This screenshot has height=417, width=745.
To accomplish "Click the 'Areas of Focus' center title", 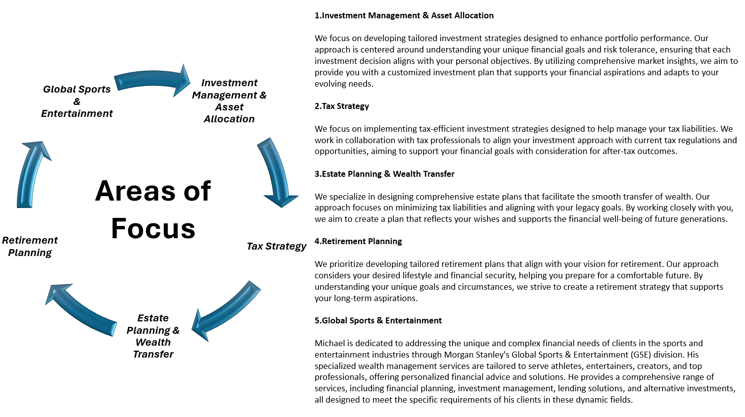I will pyautogui.click(x=153, y=209).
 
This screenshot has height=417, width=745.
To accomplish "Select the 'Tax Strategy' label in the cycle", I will pyautogui.click(x=277, y=246).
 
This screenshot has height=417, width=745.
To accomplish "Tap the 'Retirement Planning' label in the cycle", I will pyautogui.click(x=30, y=246).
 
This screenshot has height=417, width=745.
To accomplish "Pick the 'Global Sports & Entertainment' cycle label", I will pyautogui.click(x=77, y=101).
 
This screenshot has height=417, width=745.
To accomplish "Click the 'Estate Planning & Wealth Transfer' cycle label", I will pyautogui.click(x=153, y=336).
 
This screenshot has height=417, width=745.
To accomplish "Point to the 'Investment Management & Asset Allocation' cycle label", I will pyautogui.click(x=229, y=101).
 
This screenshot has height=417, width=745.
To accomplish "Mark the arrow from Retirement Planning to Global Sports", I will pyautogui.click(x=32, y=173).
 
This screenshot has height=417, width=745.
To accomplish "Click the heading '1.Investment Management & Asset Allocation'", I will pyautogui.click(x=404, y=15).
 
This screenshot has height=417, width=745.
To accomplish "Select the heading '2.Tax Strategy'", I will pyautogui.click(x=341, y=106).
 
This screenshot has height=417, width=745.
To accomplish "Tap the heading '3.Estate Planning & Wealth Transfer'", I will pyautogui.click(x=384, y=174).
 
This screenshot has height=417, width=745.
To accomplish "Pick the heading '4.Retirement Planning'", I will pyautogui.click(x=358, y=241).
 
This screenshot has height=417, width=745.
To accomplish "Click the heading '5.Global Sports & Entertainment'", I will pyautogui.click(x=377, y=320).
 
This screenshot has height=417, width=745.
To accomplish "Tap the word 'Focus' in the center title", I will pyautogui.click(x=153, y=228).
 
